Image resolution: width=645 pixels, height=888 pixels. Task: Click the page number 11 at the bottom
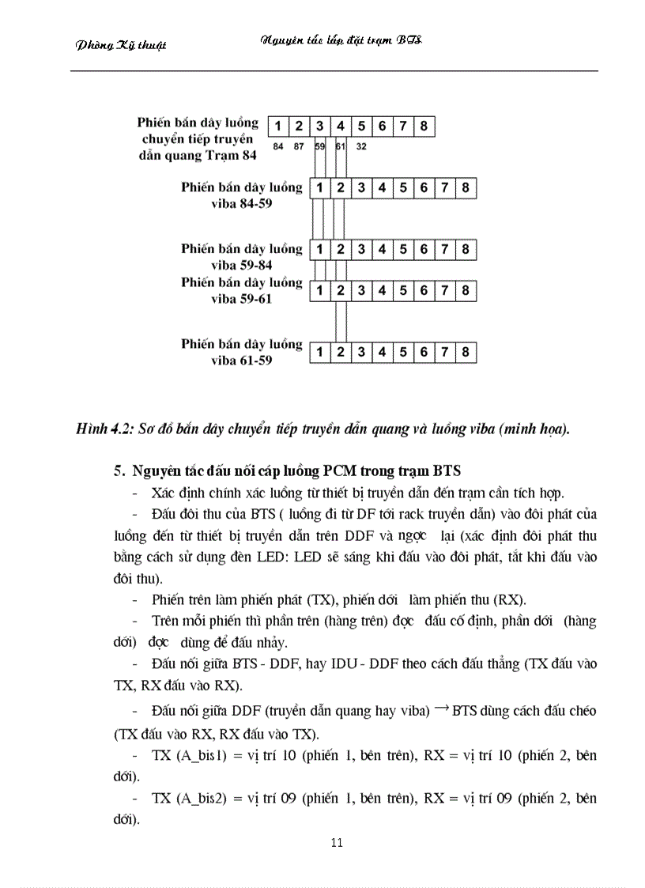[x=337, y=842]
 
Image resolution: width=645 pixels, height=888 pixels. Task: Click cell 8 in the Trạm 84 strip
[x=424, y=126]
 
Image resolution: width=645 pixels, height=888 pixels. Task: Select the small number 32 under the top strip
[x=361, y=147]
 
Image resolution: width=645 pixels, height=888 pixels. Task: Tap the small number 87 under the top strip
[x=299, y=147]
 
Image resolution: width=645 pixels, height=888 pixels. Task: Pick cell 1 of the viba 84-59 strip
[x=319, y=188]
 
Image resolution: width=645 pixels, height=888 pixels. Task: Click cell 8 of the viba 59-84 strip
[x=466, y=250]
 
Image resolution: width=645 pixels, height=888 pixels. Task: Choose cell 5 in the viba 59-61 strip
[x=403, y=291]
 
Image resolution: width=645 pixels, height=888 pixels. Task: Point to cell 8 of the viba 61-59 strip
[x=466, y=352]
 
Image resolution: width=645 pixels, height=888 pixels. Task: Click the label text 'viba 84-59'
[x=241, y=204]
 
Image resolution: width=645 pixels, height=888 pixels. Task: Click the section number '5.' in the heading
[x=119, y=473]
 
